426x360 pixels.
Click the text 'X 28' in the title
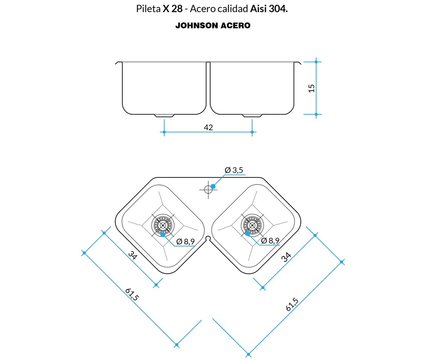[172, 9]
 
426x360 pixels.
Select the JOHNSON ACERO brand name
[213, 25]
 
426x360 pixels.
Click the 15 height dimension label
[312, 88]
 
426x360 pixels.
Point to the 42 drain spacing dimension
[208, 127]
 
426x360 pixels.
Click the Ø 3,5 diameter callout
[233, 170]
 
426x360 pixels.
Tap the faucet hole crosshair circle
[208, 189]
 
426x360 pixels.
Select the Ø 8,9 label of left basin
[186, 241]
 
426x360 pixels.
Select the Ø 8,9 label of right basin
[270, 241]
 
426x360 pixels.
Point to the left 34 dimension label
[132, 256]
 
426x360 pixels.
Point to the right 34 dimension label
[286, 257]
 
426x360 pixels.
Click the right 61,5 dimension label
[292, 304]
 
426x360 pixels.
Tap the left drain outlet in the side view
[160, 115]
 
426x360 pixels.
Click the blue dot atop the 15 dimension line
[316, 62]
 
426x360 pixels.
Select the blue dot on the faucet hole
[213, 186]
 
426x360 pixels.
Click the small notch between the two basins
[208, 239]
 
